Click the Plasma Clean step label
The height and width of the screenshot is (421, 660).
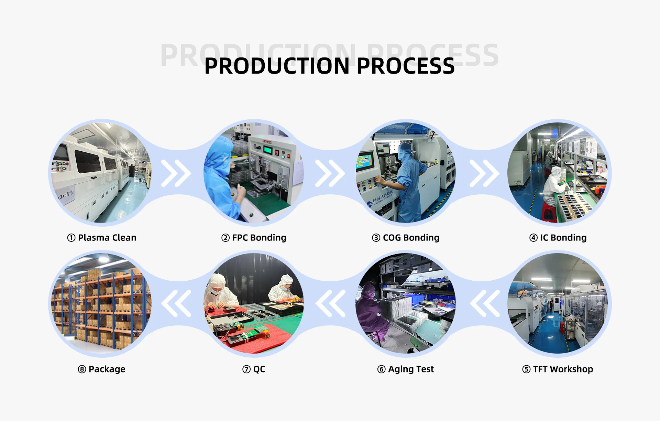point(102,238)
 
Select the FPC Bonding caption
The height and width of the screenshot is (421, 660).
point(254,238)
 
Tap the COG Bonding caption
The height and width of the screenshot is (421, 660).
point(406,238)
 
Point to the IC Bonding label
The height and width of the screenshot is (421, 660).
point(558,238)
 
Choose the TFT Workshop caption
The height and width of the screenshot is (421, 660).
point(558,369)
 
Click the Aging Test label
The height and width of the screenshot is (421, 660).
point(406,369)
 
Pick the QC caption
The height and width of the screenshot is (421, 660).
point(254,369)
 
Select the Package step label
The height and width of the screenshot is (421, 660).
point(102,369)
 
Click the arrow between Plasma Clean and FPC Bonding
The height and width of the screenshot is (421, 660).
point(176,173)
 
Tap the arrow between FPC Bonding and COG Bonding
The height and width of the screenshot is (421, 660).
point(330,173)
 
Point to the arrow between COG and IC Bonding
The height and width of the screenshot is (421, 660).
point(484,173)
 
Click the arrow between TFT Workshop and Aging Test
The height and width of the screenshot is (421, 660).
point(485,303)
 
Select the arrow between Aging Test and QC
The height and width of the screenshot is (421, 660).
point(330,303)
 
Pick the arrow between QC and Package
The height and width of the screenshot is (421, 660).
point(176,303)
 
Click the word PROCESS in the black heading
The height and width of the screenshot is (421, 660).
point(406,66)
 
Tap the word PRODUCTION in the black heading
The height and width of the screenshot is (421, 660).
point(277,66)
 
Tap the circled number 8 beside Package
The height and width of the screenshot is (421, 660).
point(82,369)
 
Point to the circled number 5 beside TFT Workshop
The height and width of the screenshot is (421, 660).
point(526,369)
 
